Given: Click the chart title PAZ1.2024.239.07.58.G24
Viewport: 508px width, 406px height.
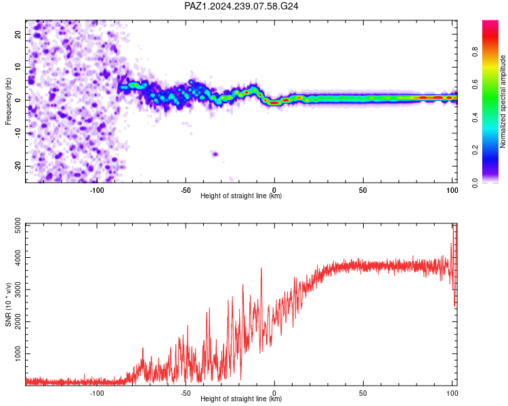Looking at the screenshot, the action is point(241,6).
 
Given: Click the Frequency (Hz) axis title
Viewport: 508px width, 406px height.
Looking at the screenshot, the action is point(8,101).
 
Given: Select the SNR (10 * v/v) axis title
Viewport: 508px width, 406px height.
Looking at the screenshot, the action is point(8,304).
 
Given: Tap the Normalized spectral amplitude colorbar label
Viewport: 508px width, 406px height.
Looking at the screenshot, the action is point(503,101).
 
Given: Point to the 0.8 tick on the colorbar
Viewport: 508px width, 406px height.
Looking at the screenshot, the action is point(475,52).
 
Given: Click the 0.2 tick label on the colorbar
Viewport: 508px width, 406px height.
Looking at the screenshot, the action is point(475,150).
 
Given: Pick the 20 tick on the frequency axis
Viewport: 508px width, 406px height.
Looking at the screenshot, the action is point(18,35).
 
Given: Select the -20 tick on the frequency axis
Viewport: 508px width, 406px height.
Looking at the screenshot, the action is point(18,166).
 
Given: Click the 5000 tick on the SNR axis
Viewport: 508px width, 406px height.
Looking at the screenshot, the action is point(18,225).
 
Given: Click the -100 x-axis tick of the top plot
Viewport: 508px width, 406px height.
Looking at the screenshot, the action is point(97,190).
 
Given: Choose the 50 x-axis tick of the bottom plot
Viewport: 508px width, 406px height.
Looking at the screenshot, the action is point(363,393).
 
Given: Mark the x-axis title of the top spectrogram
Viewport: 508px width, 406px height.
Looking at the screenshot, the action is point(241,196).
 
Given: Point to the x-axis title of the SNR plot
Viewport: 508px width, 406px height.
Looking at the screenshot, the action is point(241,399).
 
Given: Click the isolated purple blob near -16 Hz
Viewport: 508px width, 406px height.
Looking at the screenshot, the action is point(215,154).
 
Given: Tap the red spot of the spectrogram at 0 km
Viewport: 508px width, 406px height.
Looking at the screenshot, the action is point(275,103).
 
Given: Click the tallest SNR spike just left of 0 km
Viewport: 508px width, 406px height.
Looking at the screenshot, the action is point(261,269).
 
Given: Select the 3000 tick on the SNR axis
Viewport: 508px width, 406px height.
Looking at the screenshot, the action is point(18,290).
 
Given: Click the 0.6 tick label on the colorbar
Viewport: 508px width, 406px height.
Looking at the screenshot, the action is point(475,85).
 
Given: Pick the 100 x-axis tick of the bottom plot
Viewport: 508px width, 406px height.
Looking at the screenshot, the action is point(452,393).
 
